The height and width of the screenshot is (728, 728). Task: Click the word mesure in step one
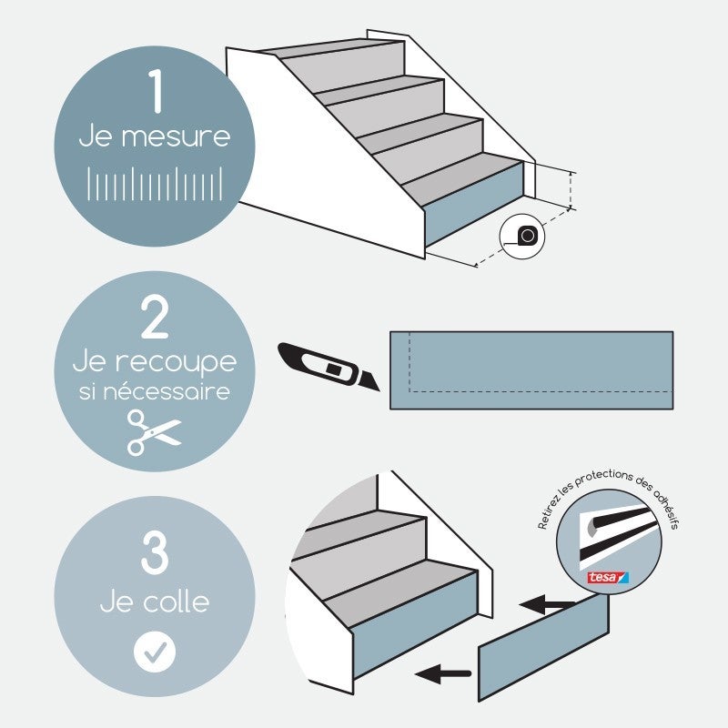pyautogui.click(x=175, y=138)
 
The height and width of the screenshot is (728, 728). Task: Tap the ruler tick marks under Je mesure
pyautogui.click(x=155, y=183)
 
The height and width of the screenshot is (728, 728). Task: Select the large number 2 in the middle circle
pyautogui.click(x=155, y=318)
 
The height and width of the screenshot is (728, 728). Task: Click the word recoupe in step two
pyautogui.click(x=178, y=361)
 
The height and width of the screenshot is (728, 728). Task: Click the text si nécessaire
pyautogui.click(x=154, y=393)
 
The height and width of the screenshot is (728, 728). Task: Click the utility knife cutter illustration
pyautogui.click(x=329, y=367)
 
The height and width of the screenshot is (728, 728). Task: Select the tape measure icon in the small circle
pyautogui.click(x=528, y=237)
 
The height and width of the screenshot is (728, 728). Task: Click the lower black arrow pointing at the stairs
pyautogui.click(x=442, y=674)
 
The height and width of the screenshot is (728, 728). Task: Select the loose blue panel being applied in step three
pyautogui.click(x=543, y=646)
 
